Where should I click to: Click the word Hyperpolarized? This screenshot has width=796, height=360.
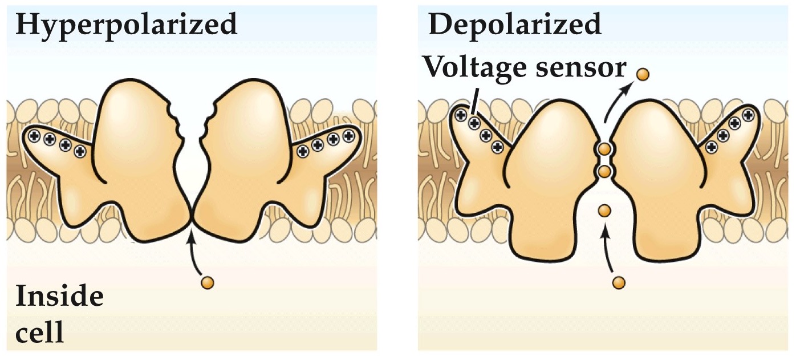126,25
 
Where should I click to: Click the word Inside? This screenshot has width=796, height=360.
59,297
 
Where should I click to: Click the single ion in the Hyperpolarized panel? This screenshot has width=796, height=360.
208,282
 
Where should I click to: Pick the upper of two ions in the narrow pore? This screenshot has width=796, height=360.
604,150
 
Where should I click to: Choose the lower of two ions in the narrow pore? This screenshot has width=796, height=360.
604,171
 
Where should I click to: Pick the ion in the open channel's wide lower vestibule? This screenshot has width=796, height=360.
604,211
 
